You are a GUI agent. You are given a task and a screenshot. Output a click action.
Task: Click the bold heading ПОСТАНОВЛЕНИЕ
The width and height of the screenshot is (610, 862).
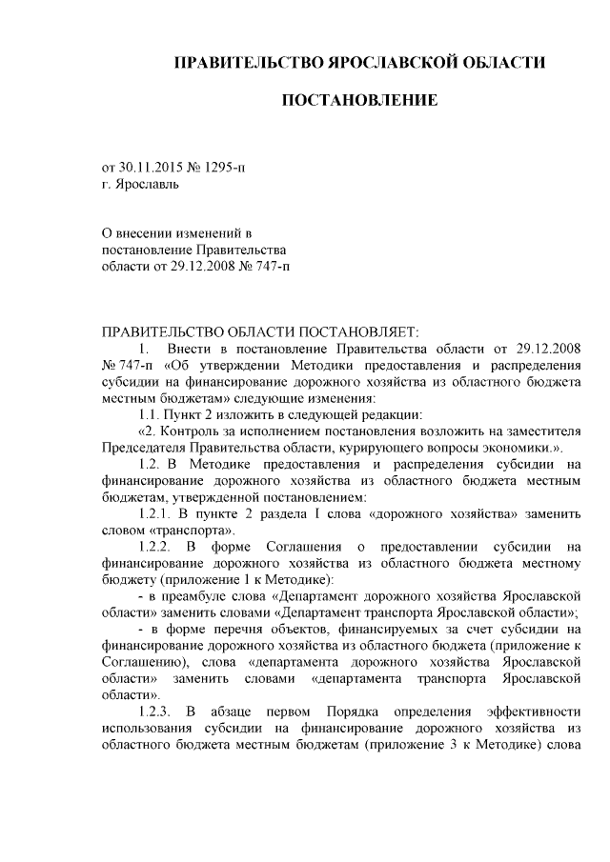pos(359,99)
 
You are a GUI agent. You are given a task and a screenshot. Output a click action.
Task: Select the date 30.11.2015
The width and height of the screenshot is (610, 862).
pos(153,167)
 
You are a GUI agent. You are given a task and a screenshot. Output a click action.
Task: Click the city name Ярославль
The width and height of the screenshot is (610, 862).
pos(145,184)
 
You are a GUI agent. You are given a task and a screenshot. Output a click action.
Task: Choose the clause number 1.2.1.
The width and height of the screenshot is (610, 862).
pos(156,512)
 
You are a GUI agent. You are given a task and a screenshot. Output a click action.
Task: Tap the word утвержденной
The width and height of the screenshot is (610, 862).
pos(215,496)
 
